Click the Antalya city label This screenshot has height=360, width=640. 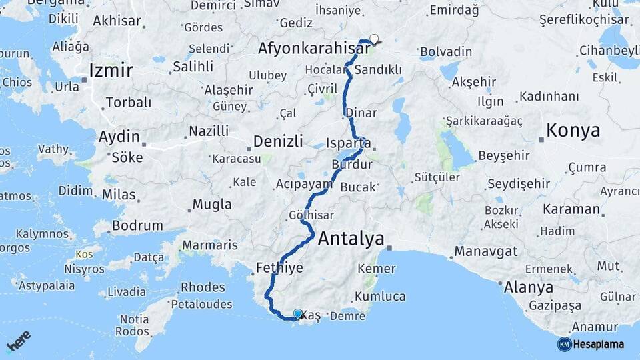(x=351, y=239)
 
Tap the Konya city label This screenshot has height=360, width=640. (x=573, y=131)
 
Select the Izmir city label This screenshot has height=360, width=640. (x=111, y=71)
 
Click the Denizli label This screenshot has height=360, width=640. (x=278, y=141)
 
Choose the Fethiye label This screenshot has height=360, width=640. (x=279, y=268)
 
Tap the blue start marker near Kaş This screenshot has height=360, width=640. (x=297, y=313)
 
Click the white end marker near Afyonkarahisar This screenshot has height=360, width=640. (x=374, y=39)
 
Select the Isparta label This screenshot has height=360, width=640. (x=349, y=143)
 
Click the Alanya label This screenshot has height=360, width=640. (x=529, y=288)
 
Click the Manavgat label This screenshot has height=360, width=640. (x=486, y=252)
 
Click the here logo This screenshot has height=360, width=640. (x=18, y=342)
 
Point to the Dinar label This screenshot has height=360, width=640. (x=361, y=113)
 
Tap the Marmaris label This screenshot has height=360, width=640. (x=209, y=245)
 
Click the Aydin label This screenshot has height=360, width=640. (x=119, y=137)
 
